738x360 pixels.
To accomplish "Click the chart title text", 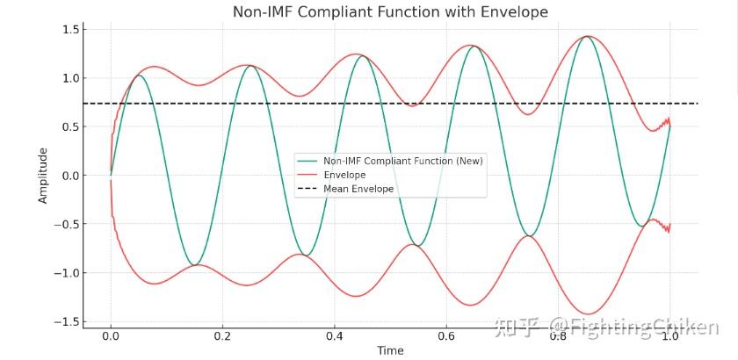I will coord(390,12).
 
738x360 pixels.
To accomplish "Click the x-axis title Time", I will coord(390,350).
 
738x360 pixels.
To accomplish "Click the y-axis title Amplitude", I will coord(43,176).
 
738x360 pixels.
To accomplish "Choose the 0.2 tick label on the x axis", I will coord(222,335).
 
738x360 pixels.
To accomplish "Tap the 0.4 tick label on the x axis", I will coord(334,335).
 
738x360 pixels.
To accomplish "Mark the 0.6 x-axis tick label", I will coord(446,335).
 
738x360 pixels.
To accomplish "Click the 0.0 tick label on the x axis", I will coord(111,335).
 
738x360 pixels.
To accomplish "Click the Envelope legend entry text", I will coord(344,176).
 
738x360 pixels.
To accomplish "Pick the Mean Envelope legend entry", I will coord(358,189).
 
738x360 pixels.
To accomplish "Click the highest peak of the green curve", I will coord(586,37).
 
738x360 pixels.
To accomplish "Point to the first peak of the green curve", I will coord(138,76).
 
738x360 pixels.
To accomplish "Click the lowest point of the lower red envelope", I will coord(586,313).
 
